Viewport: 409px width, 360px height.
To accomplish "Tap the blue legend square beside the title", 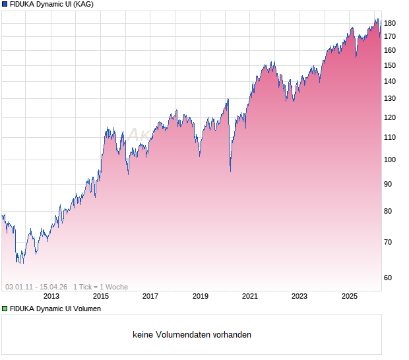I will [5, 5].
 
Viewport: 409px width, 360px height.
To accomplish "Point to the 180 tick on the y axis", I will [389, 24].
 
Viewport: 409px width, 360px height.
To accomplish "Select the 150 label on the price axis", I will [389, 65].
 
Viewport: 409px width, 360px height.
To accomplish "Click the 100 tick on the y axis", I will [389, 160].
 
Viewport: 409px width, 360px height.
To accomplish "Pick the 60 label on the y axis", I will [389, 278].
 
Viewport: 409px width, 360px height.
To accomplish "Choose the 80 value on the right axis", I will [389, 211].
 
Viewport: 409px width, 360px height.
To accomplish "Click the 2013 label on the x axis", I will [51, 297].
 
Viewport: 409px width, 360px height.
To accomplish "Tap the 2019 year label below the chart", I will [200, 297].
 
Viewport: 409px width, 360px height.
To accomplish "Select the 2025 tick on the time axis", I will [349, 297].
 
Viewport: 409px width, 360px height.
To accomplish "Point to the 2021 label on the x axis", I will [249, 297].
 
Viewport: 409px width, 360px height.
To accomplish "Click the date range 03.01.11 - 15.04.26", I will [36, 287].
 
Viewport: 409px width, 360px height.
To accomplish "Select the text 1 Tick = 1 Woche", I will [100, 287].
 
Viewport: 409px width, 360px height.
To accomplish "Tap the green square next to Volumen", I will [5, 309].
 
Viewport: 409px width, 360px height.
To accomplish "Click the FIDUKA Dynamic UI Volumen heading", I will [56, 309].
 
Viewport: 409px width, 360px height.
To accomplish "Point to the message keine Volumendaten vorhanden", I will [192, 335].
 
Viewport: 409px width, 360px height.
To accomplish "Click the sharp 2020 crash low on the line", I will [230, 171].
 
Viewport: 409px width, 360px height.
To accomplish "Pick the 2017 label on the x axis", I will [150, 297].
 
